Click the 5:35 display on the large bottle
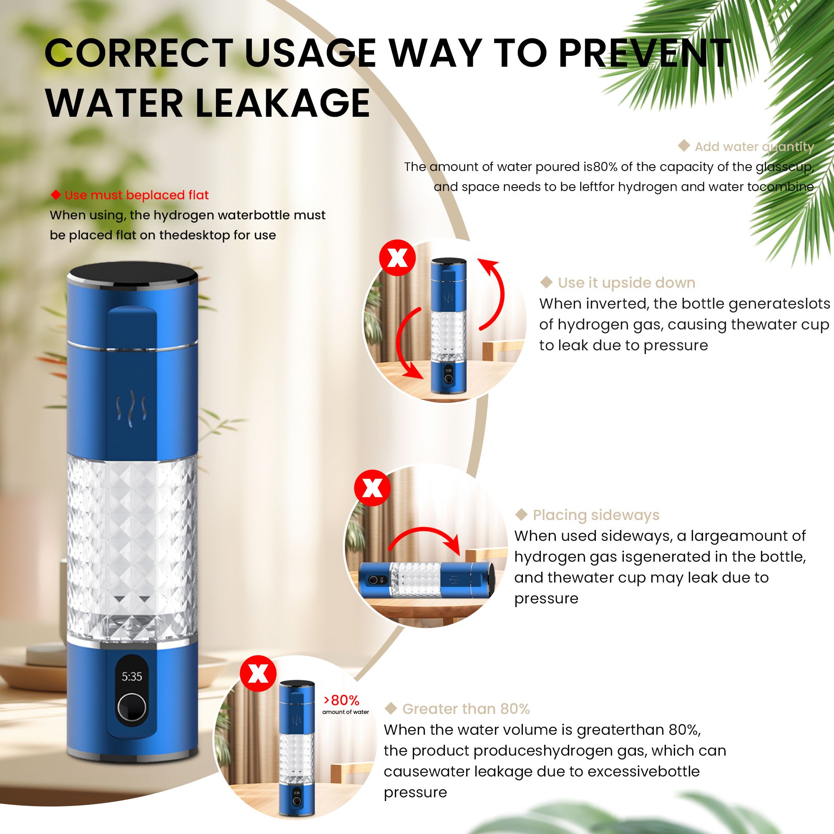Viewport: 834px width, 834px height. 132,676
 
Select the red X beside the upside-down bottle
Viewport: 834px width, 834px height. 397,259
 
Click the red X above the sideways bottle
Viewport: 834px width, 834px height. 372,489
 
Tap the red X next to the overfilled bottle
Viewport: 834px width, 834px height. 258,673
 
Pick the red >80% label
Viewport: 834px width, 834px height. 342,700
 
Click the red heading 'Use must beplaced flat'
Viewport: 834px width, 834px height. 136,195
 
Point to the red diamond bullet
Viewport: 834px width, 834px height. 56,195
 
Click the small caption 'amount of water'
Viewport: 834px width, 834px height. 345,712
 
